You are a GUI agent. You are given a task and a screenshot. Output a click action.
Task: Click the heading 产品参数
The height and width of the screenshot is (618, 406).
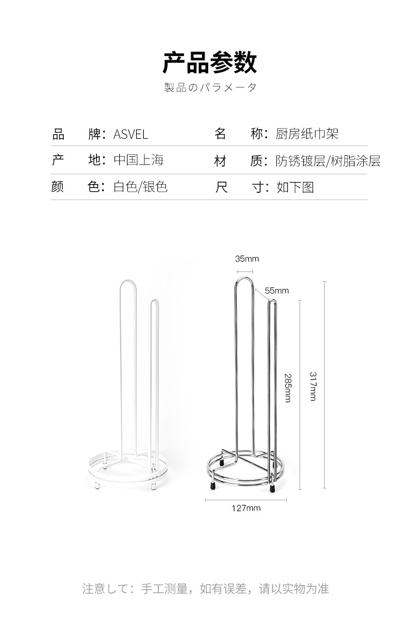pyautogui.click(x=210, y=63)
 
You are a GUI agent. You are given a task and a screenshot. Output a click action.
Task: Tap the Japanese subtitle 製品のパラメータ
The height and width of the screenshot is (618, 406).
pyautogui.click(x=210, y=87)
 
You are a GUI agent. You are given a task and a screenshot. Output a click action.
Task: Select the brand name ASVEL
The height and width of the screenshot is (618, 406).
pyautogui.click(x=131, y=135)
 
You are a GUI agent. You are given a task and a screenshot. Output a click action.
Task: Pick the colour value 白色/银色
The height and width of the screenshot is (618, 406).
pyautogui.click(x=140, y=187)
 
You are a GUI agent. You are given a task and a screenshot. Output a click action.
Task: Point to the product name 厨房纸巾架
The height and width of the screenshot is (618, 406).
pyautogui.click(x=307, y=135)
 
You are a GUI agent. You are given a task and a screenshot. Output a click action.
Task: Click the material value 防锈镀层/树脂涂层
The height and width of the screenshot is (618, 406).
pyautogui.click(x=328, y=161)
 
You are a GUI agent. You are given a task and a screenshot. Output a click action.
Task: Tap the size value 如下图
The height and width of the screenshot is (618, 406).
pyautogui.click(x=295, y=187)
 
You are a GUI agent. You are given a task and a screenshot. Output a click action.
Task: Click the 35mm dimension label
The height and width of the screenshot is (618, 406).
pyautogui.click(x=247, y=259)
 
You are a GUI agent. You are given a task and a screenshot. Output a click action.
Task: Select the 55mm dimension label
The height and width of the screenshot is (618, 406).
pyautogui.click(x=277, y=291)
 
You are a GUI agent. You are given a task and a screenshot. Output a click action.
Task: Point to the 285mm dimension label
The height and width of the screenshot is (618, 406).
pyautogui.click(x=287, y=388)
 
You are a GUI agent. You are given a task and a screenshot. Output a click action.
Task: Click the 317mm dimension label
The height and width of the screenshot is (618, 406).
pyautogui.click(x=312, y=386)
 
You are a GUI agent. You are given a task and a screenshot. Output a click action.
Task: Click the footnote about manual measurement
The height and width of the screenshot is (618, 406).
pyautogui.click(x=205, y=588)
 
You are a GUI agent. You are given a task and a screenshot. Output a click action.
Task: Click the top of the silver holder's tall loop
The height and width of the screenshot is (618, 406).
pyautogui.click(x=245, y=279)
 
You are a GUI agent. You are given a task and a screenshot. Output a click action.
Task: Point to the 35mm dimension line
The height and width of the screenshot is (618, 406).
pyautogui.click(x=245, y=271)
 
